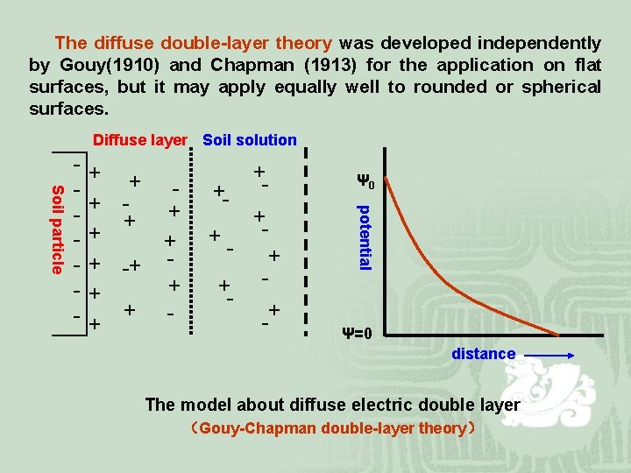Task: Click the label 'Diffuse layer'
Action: click(140, 140)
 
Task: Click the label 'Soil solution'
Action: click(250, 140)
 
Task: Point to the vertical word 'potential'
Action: click(366, 236)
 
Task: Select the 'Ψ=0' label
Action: click(357, 334)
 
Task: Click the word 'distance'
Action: click(483, 354)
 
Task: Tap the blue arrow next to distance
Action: click(550, 355)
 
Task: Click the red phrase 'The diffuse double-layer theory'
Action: click(193, 42)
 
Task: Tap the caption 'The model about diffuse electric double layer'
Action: click(332, 405)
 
